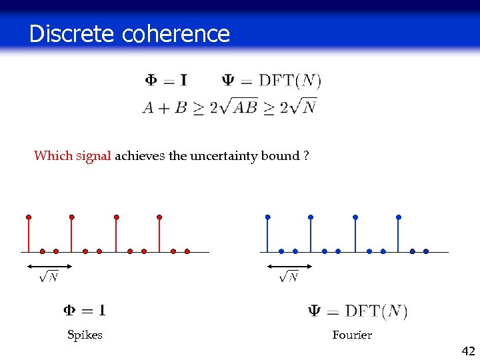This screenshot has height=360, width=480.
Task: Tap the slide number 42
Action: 467,351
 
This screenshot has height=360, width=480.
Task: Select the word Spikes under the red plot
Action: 85,335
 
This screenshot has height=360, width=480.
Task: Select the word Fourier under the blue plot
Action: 352,335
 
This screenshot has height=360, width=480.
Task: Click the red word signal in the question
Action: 93,156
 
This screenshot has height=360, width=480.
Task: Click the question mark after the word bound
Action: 305,156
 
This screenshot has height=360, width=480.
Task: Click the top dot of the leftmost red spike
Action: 28,217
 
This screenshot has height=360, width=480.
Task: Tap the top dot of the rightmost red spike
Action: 159,217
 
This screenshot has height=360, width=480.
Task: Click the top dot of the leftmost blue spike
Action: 267,217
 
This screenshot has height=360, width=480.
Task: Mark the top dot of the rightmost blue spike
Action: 399,217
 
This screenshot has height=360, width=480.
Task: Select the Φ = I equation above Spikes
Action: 85,310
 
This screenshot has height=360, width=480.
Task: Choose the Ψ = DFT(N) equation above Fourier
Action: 357,311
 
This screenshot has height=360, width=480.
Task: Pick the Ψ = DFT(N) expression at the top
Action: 271,81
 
